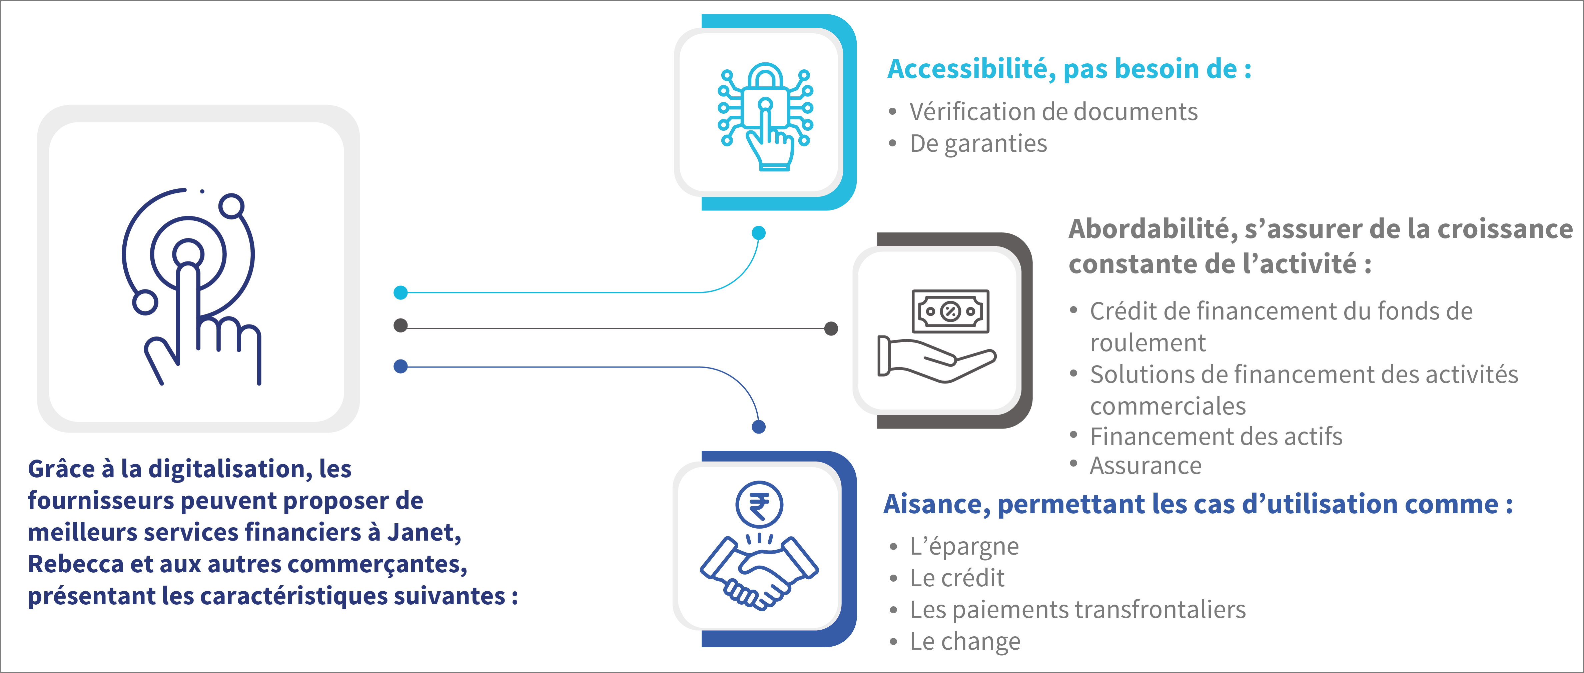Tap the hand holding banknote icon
pos(936,335)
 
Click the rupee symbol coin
pos(759,505)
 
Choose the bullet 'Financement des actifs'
pos(1216,436)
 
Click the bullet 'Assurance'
pos(1145,466)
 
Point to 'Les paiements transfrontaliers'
pos(1077,610)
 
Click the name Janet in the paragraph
pos(424,532)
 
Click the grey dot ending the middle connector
pos(831,328)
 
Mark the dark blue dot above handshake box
pos(759,427)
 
